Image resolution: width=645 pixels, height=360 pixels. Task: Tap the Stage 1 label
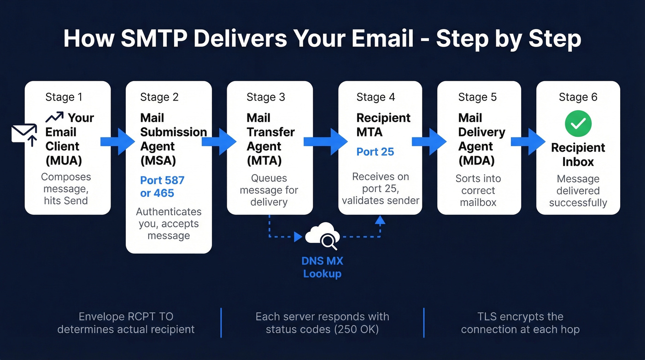coord(64,97)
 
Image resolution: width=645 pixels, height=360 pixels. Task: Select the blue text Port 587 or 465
coord(162,186)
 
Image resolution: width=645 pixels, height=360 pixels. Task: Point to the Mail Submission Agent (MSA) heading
coord(173,139)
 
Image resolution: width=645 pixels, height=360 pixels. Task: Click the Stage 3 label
coord(266,97)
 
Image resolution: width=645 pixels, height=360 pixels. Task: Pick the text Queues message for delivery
coord(269,190)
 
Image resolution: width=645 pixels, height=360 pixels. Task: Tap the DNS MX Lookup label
coord(322,267)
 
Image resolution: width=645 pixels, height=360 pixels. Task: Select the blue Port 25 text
coord(375,152)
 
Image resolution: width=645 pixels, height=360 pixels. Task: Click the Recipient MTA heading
coord(383,125)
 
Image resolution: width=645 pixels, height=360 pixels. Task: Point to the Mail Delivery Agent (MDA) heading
coord(481,139)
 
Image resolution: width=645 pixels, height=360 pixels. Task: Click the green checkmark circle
coord(578,123)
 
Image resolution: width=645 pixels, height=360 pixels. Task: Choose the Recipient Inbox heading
coord(578,155)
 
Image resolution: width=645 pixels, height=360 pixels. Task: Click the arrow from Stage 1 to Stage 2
coord(118,141)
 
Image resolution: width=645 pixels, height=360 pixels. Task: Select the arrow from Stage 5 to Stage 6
coord(528,141)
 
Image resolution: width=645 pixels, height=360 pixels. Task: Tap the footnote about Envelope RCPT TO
coord(126,323)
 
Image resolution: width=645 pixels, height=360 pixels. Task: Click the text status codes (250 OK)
coord(322,330)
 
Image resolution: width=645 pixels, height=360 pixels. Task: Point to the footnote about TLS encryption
coord(520,323)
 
